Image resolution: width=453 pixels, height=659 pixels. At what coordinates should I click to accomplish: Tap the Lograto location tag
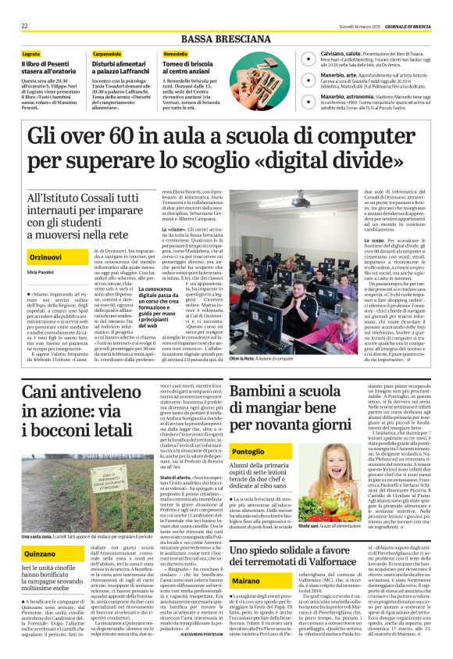[30, 53]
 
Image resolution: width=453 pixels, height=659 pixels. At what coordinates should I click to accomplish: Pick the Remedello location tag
[176, 53]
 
